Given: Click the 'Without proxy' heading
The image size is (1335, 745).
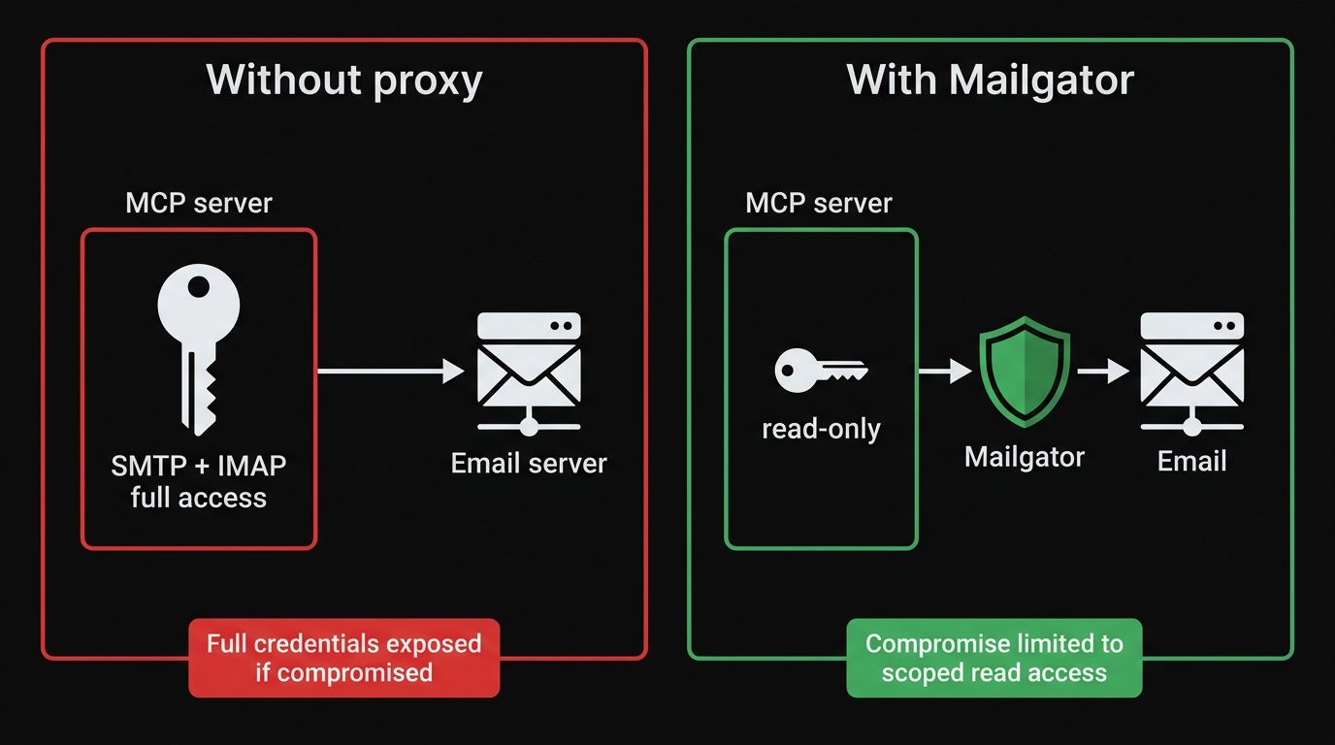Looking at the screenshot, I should point(343,81).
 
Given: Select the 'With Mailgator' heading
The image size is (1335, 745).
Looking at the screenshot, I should point(990,81).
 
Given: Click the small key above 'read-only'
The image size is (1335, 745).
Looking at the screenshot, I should point(821,371).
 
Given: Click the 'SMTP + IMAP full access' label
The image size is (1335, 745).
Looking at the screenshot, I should point(199,481).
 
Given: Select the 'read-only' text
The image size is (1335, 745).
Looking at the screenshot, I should point(821,429).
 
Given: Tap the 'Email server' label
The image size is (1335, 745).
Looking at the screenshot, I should point(529,464).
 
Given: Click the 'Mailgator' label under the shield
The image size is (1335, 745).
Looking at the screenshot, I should point(1024,457).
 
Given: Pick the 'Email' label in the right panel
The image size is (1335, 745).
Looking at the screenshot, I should point(1191,461).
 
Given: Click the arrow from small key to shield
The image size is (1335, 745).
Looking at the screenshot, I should point(944,371).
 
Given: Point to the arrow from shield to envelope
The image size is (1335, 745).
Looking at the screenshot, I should point(1103,371).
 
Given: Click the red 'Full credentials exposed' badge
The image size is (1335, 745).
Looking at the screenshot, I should point(343,658).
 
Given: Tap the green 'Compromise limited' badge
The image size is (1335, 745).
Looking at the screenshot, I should point(993,658).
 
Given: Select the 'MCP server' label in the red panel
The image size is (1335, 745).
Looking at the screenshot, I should point(199,204).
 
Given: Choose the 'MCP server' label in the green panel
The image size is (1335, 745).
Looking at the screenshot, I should point(819,204).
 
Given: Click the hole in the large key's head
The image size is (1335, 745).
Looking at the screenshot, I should point(199,286).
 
